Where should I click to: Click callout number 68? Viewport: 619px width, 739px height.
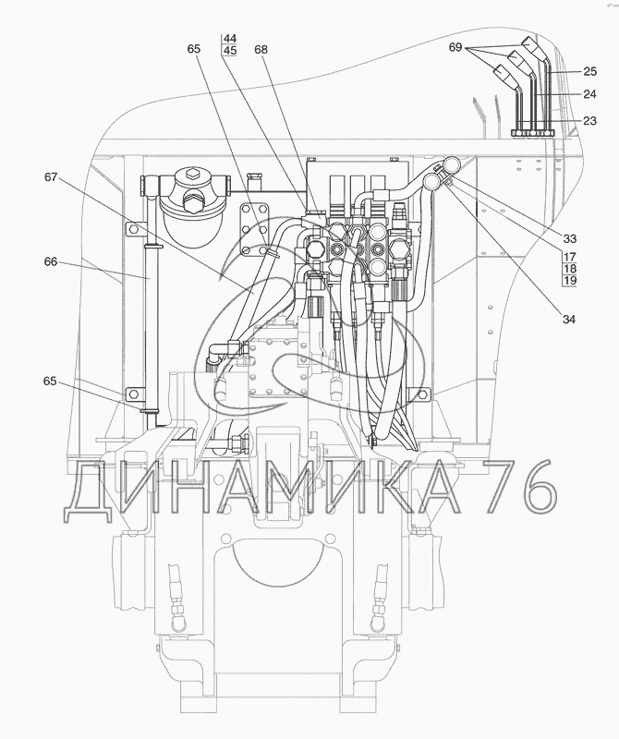pos(261,50)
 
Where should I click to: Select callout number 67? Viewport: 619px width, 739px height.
pos(51,177)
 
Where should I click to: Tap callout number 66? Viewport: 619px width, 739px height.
pos(51,261)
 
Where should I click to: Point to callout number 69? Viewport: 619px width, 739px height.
pos(455,48)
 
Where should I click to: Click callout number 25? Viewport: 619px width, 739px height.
pos(589,72)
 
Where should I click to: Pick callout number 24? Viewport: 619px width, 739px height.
pos(589,94)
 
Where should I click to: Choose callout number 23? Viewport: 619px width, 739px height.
pos(589,121)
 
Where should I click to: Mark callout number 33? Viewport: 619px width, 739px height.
pos(570,238)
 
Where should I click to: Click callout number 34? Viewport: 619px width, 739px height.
pos(569,319)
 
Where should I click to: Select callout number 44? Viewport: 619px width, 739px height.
pos(231,38)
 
